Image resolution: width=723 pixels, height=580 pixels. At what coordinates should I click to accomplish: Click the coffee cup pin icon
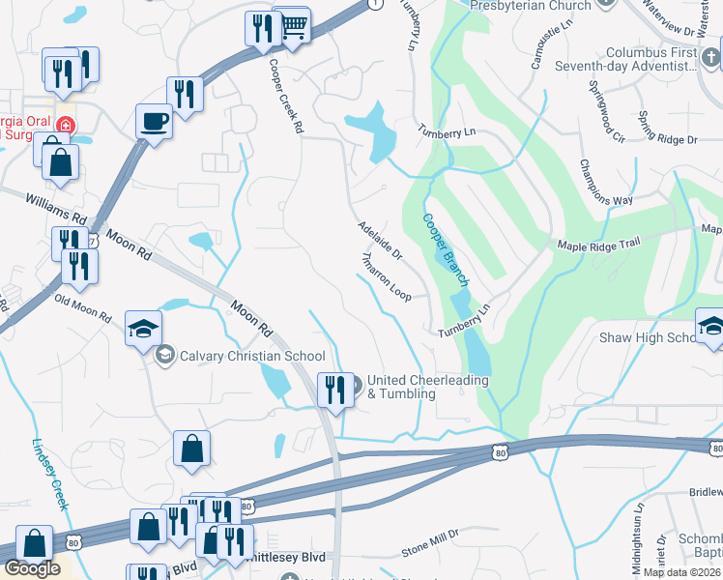pyautogui.click(x=154, y=122)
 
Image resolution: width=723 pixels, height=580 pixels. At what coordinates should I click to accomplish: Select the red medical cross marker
pyautogui.click(x=65, y=126)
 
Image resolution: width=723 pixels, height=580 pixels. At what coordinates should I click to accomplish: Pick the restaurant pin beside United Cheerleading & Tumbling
pyautogui.click(x=335, y=390)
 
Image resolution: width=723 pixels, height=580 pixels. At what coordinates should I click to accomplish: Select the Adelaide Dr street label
pyautogui.click(x=380, y=240)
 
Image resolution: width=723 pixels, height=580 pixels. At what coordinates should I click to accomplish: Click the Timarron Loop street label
pyautogui.click(x=386, y=277)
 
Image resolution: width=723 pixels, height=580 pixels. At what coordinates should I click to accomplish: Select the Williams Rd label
pyautogui.click(x=55, y=205)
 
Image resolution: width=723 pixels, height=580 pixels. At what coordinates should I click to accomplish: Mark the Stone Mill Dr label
pyautogui.click(x=430, y=551)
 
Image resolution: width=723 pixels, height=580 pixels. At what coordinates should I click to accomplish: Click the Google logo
pyautogui.click(x=32, y=568)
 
